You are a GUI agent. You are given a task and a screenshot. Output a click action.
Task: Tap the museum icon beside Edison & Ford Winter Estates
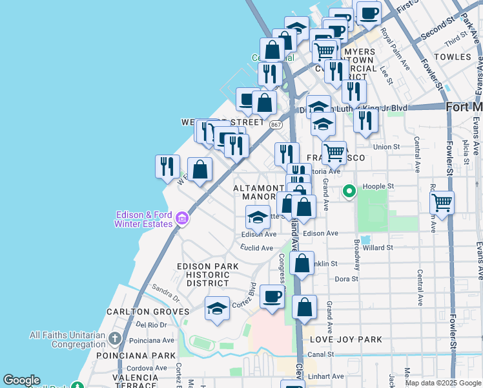[x=183, y=219]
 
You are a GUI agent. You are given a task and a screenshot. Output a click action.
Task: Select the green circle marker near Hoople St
[x=349, y=191]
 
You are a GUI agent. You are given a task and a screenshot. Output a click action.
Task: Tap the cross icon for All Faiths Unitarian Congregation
[x=114, y=338]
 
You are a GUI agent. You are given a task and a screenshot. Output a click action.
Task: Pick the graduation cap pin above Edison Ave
[x=258, y=216]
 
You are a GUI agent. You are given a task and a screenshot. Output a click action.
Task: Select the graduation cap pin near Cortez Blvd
[x=218, y=308]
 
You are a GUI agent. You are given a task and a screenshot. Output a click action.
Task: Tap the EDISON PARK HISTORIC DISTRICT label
[x=207, y=274]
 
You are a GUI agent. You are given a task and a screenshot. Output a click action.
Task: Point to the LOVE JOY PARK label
[x=345, y=339]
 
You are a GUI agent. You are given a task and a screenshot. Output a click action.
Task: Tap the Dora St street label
[x=346, y=279]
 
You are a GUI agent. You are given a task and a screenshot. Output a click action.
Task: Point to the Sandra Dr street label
[x=166, y=290]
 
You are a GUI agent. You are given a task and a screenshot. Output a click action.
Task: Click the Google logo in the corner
[x=21, y=380]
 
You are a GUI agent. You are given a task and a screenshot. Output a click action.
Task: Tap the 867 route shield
[x=276, y=124]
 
